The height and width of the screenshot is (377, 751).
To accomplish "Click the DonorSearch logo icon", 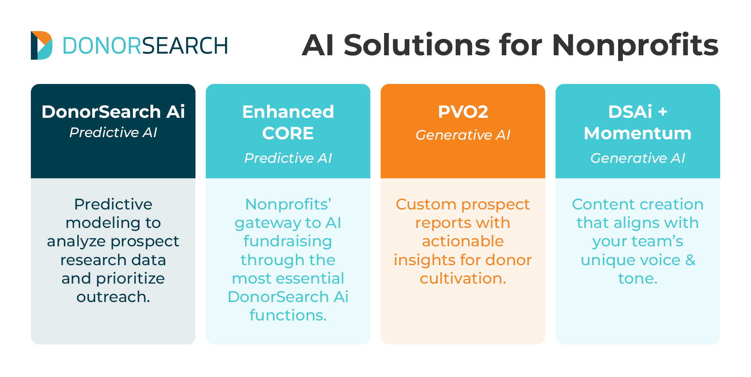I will click(x=41, y=45).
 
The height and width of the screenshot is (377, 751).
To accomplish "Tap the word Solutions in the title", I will click(x=417, y=45).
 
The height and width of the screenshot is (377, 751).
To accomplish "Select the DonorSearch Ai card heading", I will click(x=113, y=112).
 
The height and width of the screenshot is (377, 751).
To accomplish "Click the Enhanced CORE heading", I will click(x=288, y=123).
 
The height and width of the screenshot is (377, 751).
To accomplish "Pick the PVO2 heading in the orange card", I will click(x=463, y=112).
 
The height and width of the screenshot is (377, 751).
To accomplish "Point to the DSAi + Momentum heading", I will click(x=637, y=123).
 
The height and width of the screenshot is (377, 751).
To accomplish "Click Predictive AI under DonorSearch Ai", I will click(x=113, y=133).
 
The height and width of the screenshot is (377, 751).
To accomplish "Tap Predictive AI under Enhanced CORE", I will click(x=288, y=158).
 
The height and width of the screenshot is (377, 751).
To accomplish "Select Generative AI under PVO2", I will click(x=463, y=135).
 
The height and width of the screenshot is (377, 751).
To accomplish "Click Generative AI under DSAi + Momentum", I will click(x=637, y=158).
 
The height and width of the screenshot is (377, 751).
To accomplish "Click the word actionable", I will click(x=463, y=241).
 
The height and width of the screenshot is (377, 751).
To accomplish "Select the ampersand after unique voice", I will click(x=690, y=260).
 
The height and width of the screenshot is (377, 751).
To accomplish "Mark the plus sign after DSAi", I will click(x=663, y=112).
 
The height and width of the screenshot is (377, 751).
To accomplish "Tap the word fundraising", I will click(x=288, y=241).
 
